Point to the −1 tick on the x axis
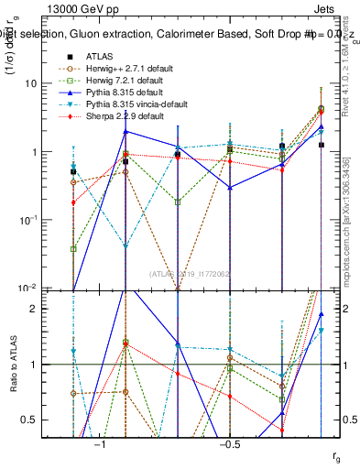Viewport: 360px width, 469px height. pyautogui.click(x=101, y=444)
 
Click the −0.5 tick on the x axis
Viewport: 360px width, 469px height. pyautogui.click(x=229, y=444)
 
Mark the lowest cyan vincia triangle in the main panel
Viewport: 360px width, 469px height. pyautogui.click(x=125, y=246)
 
